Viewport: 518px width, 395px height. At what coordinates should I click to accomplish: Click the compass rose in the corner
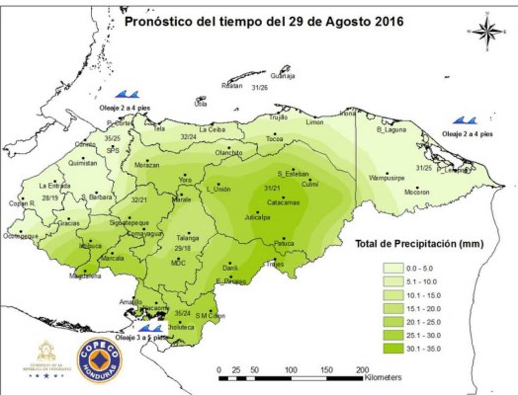(x=487, y=31)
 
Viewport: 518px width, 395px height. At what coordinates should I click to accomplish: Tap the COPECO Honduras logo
(x=100, y=360)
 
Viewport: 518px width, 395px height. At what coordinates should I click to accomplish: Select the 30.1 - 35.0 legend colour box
(x=396, y=349)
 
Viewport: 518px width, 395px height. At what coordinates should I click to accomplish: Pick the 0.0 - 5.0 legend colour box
(x=396, y=268)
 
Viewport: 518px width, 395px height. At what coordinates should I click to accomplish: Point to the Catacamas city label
(x=283, y=203)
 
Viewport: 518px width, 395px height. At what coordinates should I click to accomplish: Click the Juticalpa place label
(x=257, y=218)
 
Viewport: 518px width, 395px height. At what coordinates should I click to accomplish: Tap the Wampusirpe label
(x=387, y=178)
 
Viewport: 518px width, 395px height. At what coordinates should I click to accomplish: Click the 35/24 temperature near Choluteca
(x=182, y=313)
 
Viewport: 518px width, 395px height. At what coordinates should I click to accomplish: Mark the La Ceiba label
(x=212, y=130)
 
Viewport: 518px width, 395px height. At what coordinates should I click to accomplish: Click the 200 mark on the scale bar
(x=362, y=370)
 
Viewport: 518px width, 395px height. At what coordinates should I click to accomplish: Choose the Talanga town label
(x=188, y=238)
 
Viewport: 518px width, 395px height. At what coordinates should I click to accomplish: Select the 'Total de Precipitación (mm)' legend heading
(x=419, y=244)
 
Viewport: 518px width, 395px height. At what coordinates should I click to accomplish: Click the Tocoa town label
(x=274, y=140)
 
